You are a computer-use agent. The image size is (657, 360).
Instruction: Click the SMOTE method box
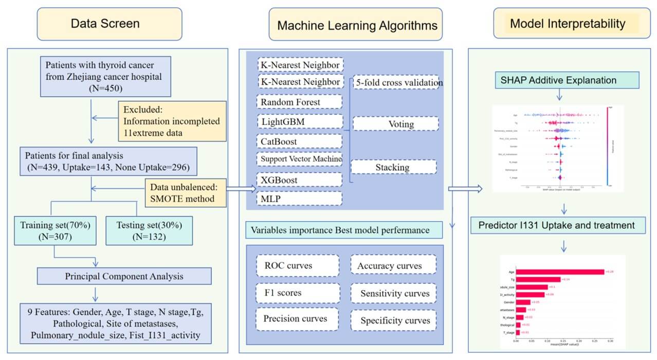click(187, 192)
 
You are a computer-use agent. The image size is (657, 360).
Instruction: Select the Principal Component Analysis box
click(124, 276)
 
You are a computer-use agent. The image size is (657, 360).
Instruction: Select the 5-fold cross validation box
click(395, 83)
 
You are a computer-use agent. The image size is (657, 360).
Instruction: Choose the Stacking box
click(394, 167)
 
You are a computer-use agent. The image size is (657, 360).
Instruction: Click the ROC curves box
click(297, 266)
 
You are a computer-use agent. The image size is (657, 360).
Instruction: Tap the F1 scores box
click(297, 293)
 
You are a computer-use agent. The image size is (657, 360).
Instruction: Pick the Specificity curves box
click(393, 320)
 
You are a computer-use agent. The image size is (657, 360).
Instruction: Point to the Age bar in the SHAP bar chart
click(560, 272)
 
